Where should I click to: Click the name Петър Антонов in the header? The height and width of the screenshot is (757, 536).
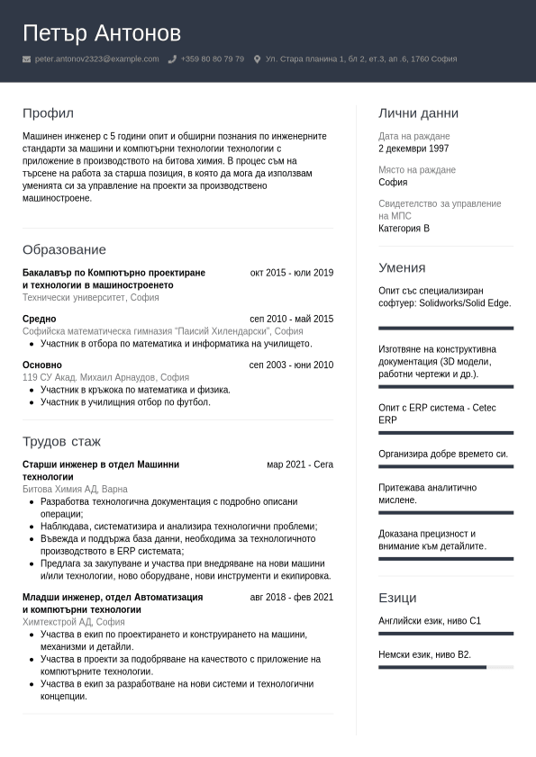102,33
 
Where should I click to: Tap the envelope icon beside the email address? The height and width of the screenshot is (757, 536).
26,59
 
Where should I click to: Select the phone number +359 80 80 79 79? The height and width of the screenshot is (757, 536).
212,59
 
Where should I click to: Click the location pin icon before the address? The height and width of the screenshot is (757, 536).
257,59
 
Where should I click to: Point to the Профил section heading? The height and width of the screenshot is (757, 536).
48,113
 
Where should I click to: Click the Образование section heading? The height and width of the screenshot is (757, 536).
64,249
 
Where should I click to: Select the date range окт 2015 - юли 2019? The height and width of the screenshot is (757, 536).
291,273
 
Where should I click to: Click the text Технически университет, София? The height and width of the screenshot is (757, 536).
90,297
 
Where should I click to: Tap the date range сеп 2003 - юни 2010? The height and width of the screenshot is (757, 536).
291,365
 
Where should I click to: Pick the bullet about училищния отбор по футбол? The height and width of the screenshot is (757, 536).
125,402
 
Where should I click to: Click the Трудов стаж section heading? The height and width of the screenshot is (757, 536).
61,441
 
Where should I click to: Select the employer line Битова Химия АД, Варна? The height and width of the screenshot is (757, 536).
75,489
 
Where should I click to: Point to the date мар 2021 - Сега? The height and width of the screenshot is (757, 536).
300,464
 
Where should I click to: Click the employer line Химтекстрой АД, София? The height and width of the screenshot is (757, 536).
73,622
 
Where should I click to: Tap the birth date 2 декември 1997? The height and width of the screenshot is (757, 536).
413,149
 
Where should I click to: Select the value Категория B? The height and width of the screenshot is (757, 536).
404,229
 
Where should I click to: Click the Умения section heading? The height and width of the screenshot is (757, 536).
402,267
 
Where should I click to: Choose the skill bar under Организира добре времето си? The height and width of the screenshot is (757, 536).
446,466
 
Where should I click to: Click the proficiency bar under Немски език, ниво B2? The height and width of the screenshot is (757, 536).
446,667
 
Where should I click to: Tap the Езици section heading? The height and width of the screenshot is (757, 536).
397,598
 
